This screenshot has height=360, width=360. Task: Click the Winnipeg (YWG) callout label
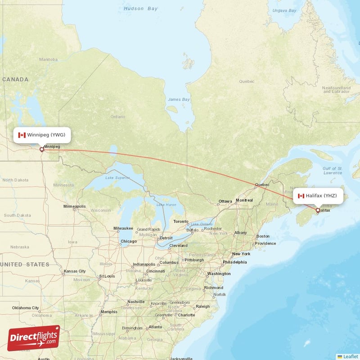(x=42, y=135)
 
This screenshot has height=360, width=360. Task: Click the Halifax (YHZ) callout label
(x=320, y=196)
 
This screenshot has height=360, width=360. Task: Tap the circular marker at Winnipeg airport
(x=42, y=149)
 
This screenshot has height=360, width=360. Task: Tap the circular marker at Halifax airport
(x=318, y=210)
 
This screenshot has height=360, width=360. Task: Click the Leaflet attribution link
(x=350, y=356)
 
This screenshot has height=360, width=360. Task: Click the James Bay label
(x=179, y=99)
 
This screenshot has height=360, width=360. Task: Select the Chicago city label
(x=128, y=242)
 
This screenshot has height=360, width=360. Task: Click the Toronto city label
(x=181, y=221)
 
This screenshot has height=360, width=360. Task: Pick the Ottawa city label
(x=225, y=201)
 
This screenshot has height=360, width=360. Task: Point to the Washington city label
(x=219, y=274)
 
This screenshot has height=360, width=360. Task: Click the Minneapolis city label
(x=75, y=207)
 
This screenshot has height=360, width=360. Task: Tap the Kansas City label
(x=75, y=271)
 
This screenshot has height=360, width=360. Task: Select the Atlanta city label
(x=155, y=327)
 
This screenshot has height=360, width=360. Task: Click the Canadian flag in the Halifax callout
(x=301, y=196)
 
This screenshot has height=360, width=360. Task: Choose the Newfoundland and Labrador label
(x=335, y=89)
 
